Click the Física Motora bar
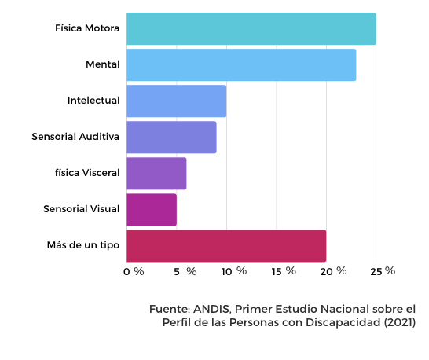point(251,28)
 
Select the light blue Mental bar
point(241,65)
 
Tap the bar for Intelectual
point(177,101)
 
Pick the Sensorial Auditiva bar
point(171,137)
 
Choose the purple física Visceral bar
point(156,173)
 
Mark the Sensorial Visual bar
point(152,210)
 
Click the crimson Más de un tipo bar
point(226,246)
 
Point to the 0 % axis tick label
point(134,272)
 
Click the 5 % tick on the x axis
point(185,272)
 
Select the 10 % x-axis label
point(234,271)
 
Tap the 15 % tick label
point(284,271)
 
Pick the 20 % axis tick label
point(333,271)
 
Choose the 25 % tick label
point(383,271)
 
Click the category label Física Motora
point(87,28)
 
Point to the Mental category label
point(103,64)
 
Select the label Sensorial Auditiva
point(75,137)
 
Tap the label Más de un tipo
point(83,245)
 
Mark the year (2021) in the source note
point(400,322)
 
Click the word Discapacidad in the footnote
point(343,323)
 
